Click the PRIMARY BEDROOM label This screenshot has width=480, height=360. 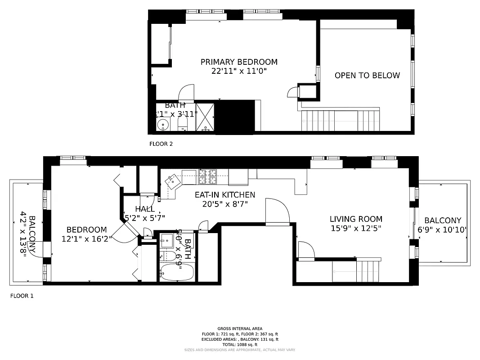click(x=239, y=62)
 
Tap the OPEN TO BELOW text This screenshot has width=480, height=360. click(x=367, y=76)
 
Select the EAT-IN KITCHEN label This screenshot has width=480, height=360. click(x=224, y=195)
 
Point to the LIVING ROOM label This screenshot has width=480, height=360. click(x=356, y=219)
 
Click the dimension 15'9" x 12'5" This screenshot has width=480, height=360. click(x=356, y=228)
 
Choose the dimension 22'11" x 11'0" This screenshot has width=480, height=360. click(x=239, y=71)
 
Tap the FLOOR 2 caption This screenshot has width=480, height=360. click(x=161, y=144)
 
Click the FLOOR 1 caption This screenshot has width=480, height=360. click(x=22, y=296)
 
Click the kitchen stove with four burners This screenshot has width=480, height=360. click(x=207, y=177)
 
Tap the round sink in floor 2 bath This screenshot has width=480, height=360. click(x=162, y=124)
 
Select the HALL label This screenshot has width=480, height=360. click(x=144, y=209)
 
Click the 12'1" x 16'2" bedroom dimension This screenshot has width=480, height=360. click(x=84, y=238)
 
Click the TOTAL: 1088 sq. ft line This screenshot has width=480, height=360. click(x=240, y=344)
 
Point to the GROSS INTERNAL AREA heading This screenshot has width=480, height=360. click(x=240, y=329)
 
